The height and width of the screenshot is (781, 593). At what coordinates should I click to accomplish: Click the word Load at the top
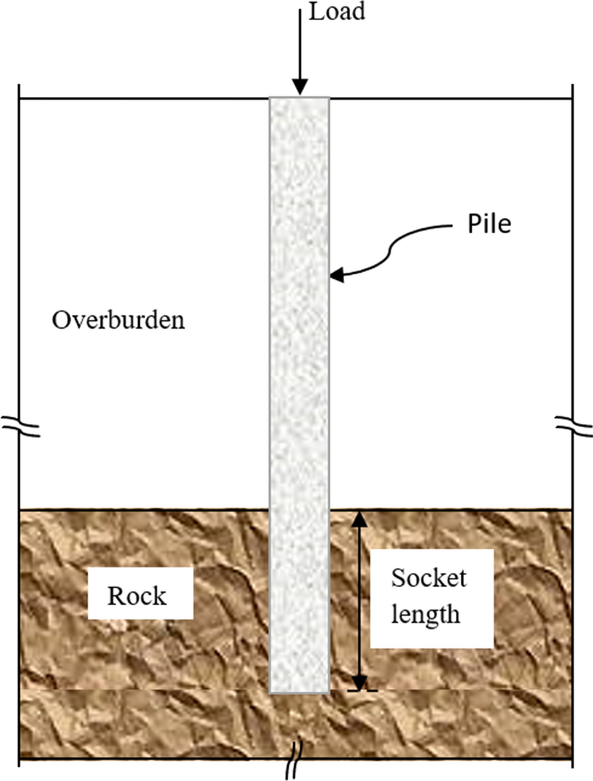[336, 12]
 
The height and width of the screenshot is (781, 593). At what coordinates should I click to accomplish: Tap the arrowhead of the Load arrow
[300, 87]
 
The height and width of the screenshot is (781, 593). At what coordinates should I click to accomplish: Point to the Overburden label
[118, 320]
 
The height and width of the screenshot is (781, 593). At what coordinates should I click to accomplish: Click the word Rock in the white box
[136, 596]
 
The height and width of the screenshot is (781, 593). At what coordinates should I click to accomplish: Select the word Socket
[429, 578]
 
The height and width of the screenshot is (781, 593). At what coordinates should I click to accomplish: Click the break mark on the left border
[19, 426]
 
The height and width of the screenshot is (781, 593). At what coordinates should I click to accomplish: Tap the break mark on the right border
[573, 426]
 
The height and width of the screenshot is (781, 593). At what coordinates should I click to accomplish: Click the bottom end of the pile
[299, 691]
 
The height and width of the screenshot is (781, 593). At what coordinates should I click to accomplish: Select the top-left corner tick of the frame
[19, 97]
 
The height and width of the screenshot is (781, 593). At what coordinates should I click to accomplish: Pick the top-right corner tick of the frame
[573, 97]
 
